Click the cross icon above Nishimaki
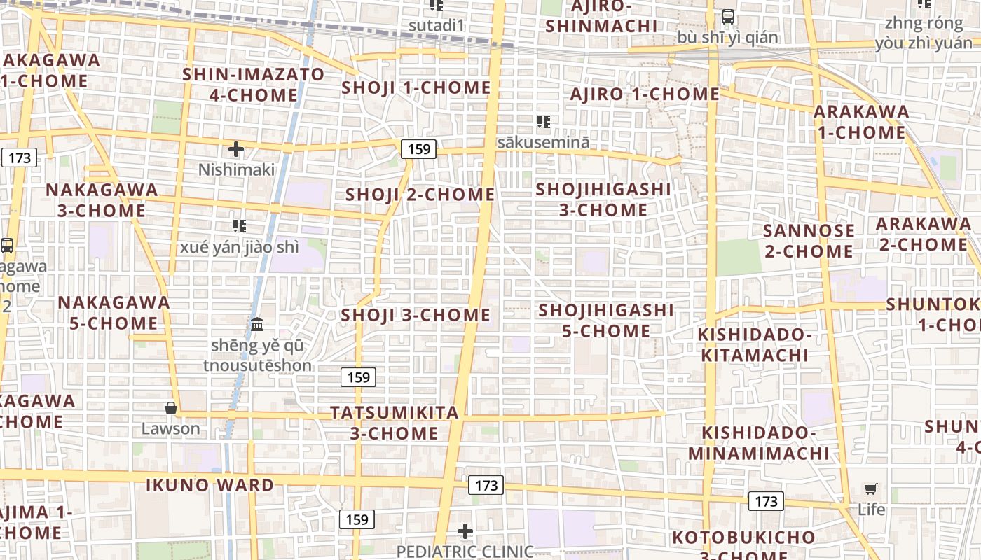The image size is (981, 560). (236, 149)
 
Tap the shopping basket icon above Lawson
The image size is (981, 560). (170, 408)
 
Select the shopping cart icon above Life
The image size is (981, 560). (871, 489)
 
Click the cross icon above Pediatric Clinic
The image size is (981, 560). (465, 532)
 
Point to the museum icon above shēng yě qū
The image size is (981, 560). (257, 325)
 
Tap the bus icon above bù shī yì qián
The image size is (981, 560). (728, 16)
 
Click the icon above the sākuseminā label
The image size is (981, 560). (543, 122)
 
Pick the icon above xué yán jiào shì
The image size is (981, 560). (240, 226)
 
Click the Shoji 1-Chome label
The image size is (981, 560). (416, 88)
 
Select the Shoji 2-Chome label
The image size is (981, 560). (420, 195)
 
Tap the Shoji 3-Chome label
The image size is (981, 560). (416, 316)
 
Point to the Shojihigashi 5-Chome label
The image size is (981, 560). (606, 320)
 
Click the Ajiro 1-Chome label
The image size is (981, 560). (645, 94)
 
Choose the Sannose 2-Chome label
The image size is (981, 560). (809, 241)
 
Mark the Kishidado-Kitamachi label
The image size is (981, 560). (755, 345)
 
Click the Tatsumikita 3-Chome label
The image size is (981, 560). (395, 423)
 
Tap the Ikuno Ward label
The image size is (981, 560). (210, 485)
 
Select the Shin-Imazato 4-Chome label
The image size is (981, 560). (254, 85)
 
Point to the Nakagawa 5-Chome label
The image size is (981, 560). (114, 313)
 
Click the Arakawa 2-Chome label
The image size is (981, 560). (923, 234)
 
